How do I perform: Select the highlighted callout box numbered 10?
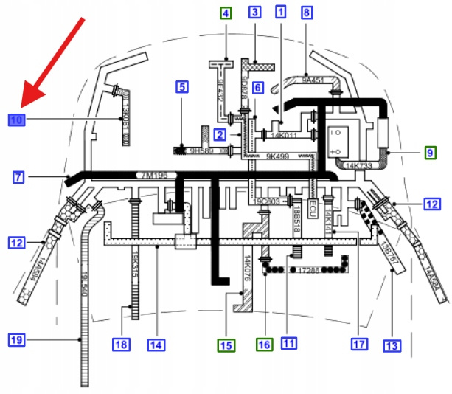[16, 118]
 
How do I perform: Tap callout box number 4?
[225, 13]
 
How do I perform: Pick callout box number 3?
[254, 12]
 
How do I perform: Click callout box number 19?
[15, 340]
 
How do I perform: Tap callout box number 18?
[120, 344]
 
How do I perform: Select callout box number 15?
[226, 344]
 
